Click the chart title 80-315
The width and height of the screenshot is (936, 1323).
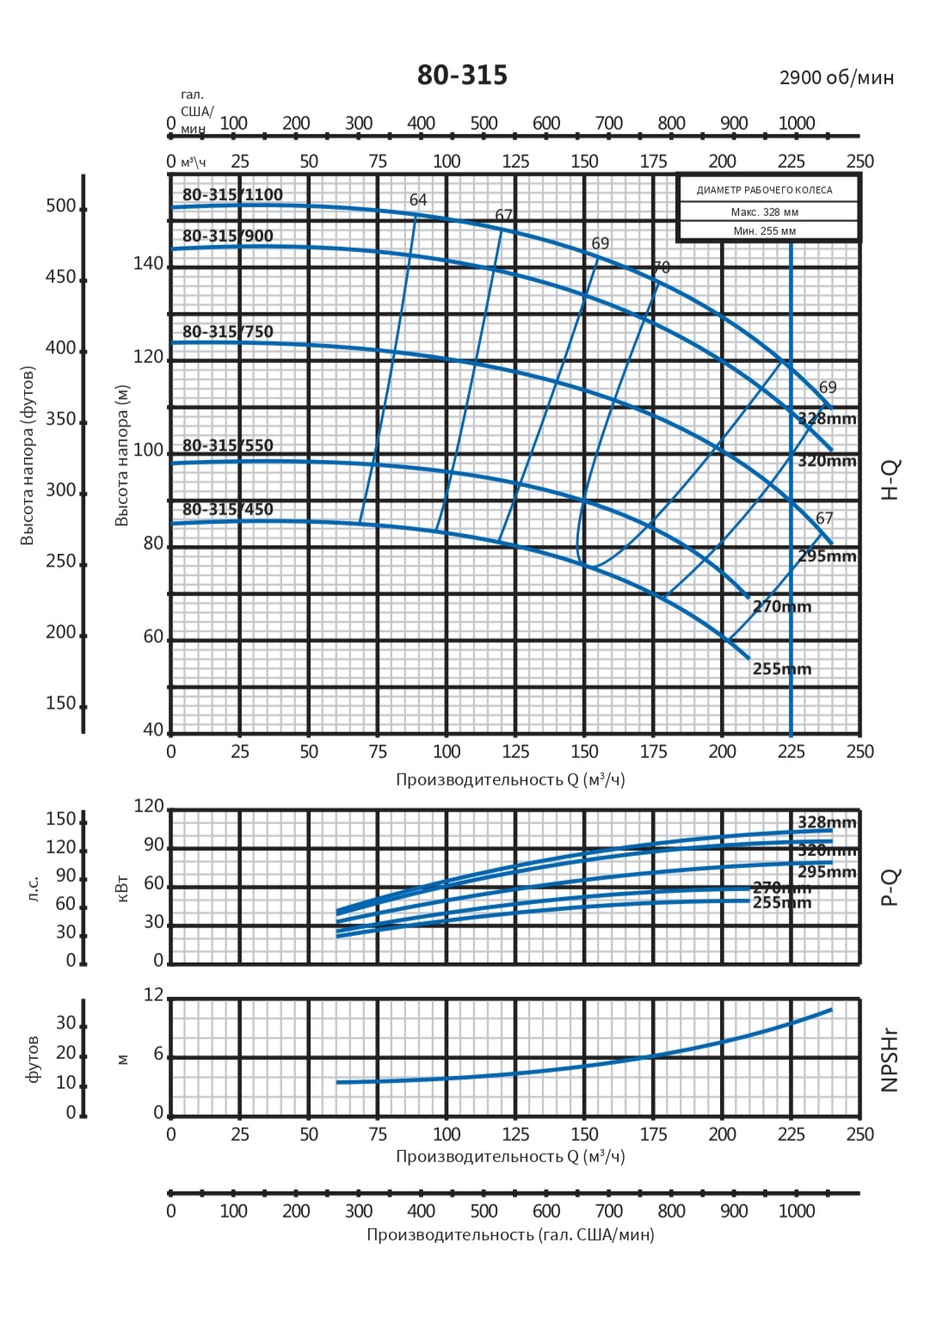(462, 76)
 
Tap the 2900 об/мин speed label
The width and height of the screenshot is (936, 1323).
(836, 78)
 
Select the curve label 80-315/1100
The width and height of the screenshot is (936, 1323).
(232, 195)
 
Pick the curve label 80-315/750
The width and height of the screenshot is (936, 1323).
(227, 332)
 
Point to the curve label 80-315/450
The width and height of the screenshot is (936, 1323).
(227, 509)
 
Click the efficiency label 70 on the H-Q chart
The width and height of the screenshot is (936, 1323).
(661, 268)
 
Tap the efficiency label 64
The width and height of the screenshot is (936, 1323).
(418, 200)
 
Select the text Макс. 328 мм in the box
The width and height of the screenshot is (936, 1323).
(765, 212)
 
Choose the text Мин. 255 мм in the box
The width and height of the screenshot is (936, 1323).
(765, 231)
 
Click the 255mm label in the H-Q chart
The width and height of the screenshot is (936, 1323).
(782, 669)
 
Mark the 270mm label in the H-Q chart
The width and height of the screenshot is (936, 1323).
(782, 606)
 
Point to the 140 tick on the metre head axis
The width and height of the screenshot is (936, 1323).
(148, 264)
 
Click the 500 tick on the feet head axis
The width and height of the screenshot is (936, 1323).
(61, 206)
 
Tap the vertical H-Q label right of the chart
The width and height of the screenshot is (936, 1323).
(890, 479)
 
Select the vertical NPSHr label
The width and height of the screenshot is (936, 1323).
(890, 1059)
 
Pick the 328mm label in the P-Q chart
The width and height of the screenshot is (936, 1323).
(827, 822)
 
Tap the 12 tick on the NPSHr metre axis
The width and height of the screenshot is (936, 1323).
(153, 995)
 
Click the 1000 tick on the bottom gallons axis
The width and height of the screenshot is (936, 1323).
(797, 1211)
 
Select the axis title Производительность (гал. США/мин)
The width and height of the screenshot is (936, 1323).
(510, 1235)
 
